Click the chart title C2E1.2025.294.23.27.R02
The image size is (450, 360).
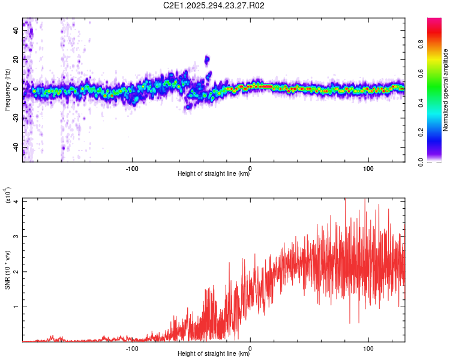(x=214, y=5)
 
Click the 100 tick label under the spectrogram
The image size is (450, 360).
(x=368, y=167)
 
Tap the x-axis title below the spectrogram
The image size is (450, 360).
(x=214, y=174)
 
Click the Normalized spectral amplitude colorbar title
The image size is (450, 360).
(x=446, y=90)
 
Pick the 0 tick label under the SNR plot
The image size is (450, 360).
(x=250, y=347)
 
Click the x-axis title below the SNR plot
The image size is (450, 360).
(x=214, y=354)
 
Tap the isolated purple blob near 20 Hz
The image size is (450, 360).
(x=207, y=59)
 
